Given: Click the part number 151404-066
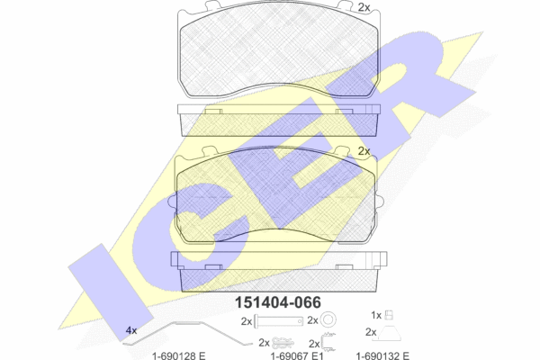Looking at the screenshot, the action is point(277,302).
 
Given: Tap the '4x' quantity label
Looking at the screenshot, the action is point(131,330).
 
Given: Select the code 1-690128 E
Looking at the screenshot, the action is point(179,355).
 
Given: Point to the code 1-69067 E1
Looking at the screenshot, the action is point(297,355).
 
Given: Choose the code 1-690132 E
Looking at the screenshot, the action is point(382,355).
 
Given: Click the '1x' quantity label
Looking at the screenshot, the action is point(376,315).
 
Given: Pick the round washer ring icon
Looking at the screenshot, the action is point(328,320).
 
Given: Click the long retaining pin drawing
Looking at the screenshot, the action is point(279,321).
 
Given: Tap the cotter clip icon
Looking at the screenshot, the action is point(283,343).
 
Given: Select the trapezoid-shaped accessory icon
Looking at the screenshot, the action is point(390,333).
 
